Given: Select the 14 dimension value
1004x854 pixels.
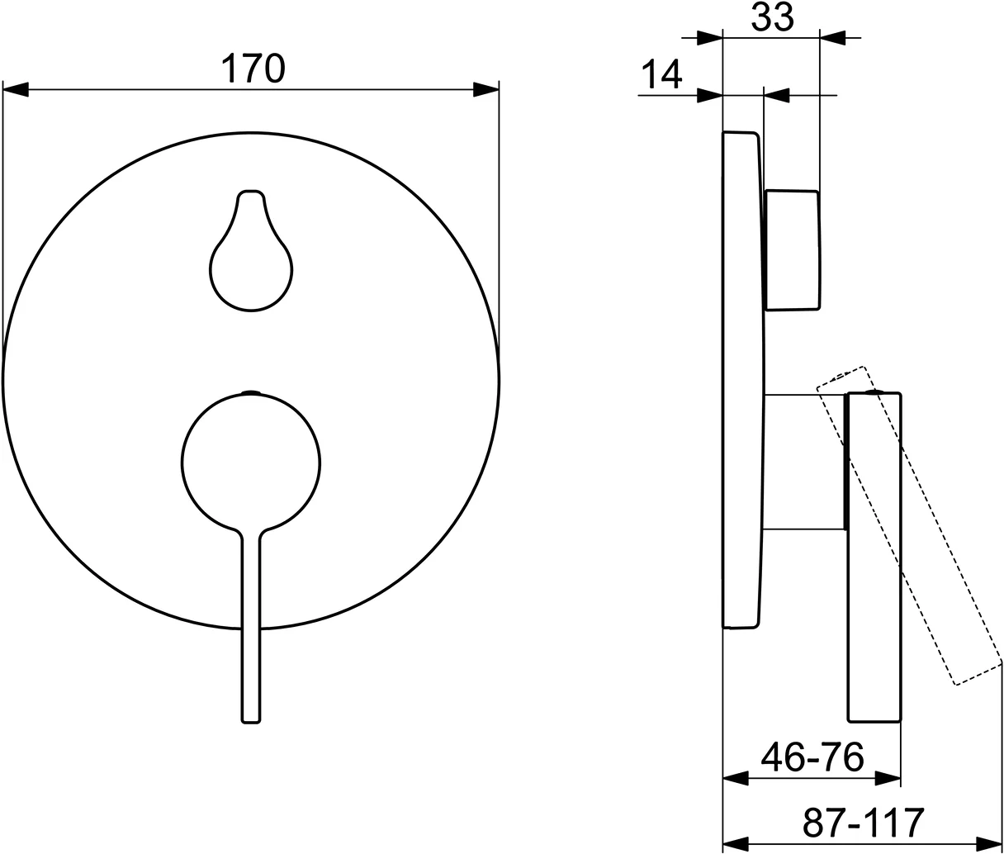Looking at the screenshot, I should coord(661,75).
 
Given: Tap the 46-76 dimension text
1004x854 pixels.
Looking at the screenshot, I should coord(812,756).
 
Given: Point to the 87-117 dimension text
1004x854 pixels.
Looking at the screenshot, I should coord(862,822).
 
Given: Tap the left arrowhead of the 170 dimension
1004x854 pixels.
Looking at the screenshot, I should coord(17,89).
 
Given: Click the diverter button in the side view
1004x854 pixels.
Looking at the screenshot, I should coord(793,250).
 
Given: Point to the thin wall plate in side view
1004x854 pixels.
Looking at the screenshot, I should coord(741,380).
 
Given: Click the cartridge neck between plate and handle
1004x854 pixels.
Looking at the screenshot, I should coord(804,462).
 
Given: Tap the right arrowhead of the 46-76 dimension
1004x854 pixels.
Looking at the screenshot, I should coord(888,778).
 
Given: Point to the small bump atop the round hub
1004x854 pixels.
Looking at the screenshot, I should coord(251,391).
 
